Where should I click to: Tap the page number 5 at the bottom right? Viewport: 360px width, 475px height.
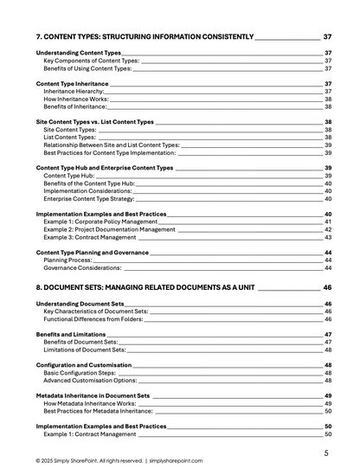(x=326, y=453)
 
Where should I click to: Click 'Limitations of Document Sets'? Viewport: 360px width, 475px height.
(x=85, y=350)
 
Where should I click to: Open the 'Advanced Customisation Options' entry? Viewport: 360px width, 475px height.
(x=90, y=380)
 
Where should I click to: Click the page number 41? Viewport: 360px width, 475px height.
(x=328, y=221)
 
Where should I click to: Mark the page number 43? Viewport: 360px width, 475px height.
(x=328, y=237)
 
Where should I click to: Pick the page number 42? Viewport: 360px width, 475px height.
(x=328, y=229)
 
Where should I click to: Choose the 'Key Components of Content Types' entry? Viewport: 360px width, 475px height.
(x=91, y=61)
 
